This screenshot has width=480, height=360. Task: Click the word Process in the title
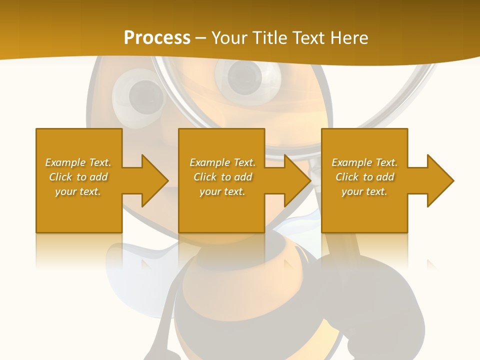[157, 38]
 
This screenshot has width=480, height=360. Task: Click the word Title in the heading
[268, 38]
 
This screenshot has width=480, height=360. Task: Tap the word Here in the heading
[348, 38]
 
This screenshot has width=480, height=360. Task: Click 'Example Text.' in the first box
[78, 162]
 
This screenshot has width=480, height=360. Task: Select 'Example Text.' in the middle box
[222, 162]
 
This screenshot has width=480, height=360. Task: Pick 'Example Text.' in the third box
[364, 162]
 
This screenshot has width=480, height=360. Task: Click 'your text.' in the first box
[78, 191]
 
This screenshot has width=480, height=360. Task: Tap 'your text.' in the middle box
[222, 191]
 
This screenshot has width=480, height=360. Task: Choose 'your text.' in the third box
[364, 191]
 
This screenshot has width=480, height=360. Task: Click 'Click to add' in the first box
[78, 177]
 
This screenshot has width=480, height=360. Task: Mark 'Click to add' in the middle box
[222, 177]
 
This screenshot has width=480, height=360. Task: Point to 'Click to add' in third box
[364, 177]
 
